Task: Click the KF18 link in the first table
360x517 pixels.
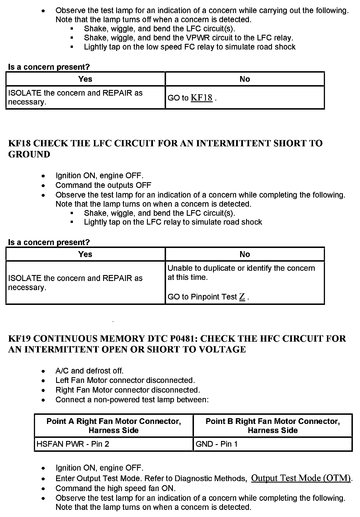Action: click(201, 98)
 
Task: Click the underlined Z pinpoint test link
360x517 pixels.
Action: click(242, 297)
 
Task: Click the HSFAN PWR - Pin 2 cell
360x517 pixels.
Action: click(73, 444)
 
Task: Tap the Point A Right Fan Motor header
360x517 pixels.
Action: click(114, 425)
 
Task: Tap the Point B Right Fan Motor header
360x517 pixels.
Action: click(273, 425)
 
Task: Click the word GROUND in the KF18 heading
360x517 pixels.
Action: click(29, 154)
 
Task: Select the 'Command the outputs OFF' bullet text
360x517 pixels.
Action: click(103, 185)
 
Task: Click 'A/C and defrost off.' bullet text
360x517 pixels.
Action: click(89, 371)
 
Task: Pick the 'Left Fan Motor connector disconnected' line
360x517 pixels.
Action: click(125, 380)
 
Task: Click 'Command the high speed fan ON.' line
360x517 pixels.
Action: click(115, 488)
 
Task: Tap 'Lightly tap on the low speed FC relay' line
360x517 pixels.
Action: click(190, 47)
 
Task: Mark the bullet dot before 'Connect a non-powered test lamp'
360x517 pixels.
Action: click(43, 400)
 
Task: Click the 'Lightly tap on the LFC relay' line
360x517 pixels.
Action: click(173, 222)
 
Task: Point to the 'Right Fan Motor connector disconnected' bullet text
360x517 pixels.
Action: click(128, 390)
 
